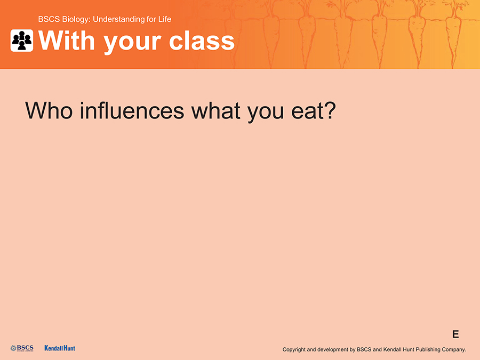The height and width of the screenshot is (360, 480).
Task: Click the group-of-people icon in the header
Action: coord(22,41)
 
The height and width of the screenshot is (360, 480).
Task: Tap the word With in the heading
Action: coord(67,41)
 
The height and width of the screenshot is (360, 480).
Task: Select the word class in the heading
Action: coord(202,41)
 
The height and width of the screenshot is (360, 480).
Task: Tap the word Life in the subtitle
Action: coord(165,19)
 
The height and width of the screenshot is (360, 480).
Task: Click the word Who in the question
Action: coord(49,110)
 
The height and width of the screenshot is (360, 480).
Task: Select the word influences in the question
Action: coord(132,110)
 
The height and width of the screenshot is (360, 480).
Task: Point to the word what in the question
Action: coord(216,110)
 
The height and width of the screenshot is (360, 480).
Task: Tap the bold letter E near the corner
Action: coord(455,334)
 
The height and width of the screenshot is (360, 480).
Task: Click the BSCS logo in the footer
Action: coord(22,348)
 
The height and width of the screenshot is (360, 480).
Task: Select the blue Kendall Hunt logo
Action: coord(60,348)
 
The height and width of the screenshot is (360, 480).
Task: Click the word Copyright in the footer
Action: coord(294,349)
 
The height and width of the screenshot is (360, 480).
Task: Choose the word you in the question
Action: coord(266,113)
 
